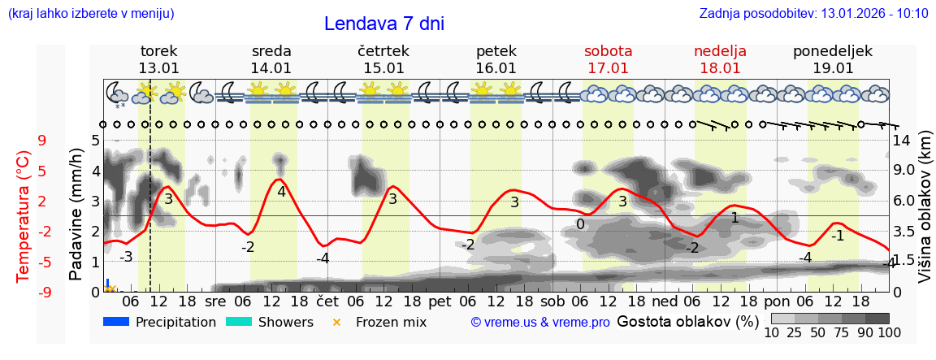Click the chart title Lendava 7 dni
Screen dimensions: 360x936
383,24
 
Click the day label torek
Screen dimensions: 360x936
158,51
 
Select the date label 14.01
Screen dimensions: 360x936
271,68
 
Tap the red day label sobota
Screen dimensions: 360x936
608,51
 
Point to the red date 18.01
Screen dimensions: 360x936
720,68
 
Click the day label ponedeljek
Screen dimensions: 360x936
833,51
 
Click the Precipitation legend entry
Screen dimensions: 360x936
175,322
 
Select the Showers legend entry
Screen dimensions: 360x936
285,322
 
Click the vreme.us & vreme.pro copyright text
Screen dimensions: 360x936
540,323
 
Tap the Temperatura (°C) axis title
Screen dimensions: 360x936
24,215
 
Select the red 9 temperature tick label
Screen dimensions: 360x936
42,140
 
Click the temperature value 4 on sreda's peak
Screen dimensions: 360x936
281,193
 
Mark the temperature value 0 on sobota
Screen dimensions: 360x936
580,225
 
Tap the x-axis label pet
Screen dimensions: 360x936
440,300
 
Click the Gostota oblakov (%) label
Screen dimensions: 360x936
687,321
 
